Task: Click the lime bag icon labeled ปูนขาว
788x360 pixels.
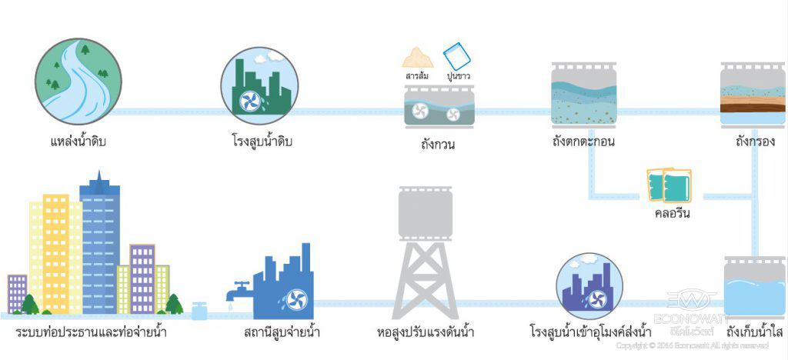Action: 456,56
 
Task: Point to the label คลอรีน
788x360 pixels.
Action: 669,213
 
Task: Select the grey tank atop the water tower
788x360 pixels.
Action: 431,212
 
